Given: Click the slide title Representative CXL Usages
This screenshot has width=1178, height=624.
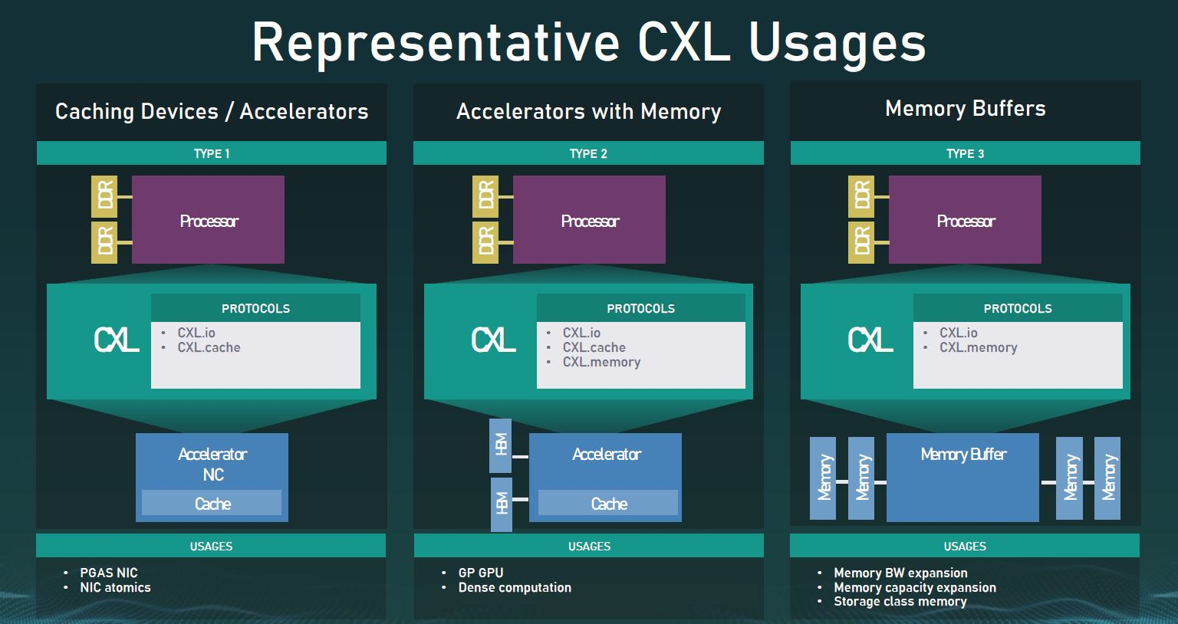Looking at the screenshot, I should pos(588,42).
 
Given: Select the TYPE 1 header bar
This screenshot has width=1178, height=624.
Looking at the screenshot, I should pos(212,153).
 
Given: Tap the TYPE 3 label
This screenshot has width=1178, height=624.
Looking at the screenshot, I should pos(965,153).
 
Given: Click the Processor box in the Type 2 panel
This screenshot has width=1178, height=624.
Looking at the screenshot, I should pos(589,220).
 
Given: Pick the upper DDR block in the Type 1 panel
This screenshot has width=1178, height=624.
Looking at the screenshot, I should pos(104,196).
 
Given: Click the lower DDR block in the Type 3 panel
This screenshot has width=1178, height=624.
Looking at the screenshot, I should pos(861,242).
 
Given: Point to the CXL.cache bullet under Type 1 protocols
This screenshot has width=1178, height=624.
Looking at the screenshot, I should pos(209,347).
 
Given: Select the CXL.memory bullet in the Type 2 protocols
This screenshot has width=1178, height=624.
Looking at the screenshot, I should pos(601,362).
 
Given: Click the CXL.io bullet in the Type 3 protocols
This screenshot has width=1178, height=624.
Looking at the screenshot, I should pos(958,333).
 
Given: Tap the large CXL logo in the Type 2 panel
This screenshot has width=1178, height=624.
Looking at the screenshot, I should pos(493,340).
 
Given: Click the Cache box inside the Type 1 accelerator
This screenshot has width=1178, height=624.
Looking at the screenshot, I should pos(212,503).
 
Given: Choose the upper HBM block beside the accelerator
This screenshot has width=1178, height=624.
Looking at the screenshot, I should pos(501,445).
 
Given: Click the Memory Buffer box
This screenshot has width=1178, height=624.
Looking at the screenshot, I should pos(962,477).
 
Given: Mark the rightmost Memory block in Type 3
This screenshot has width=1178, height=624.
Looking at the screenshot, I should pos(1107,478).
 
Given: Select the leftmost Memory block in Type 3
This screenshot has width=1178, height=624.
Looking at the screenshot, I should pos(823,478).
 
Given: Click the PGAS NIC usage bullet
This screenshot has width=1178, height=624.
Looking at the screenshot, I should pos(108,573).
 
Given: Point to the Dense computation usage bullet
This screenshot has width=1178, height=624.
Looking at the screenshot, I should pos(515,587).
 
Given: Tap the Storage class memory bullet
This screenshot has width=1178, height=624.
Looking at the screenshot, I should pos(900,602).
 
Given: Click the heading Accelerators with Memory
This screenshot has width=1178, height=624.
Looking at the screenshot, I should pos(588,112).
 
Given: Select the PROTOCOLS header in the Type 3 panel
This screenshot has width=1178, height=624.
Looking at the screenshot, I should pos(1018,308).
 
